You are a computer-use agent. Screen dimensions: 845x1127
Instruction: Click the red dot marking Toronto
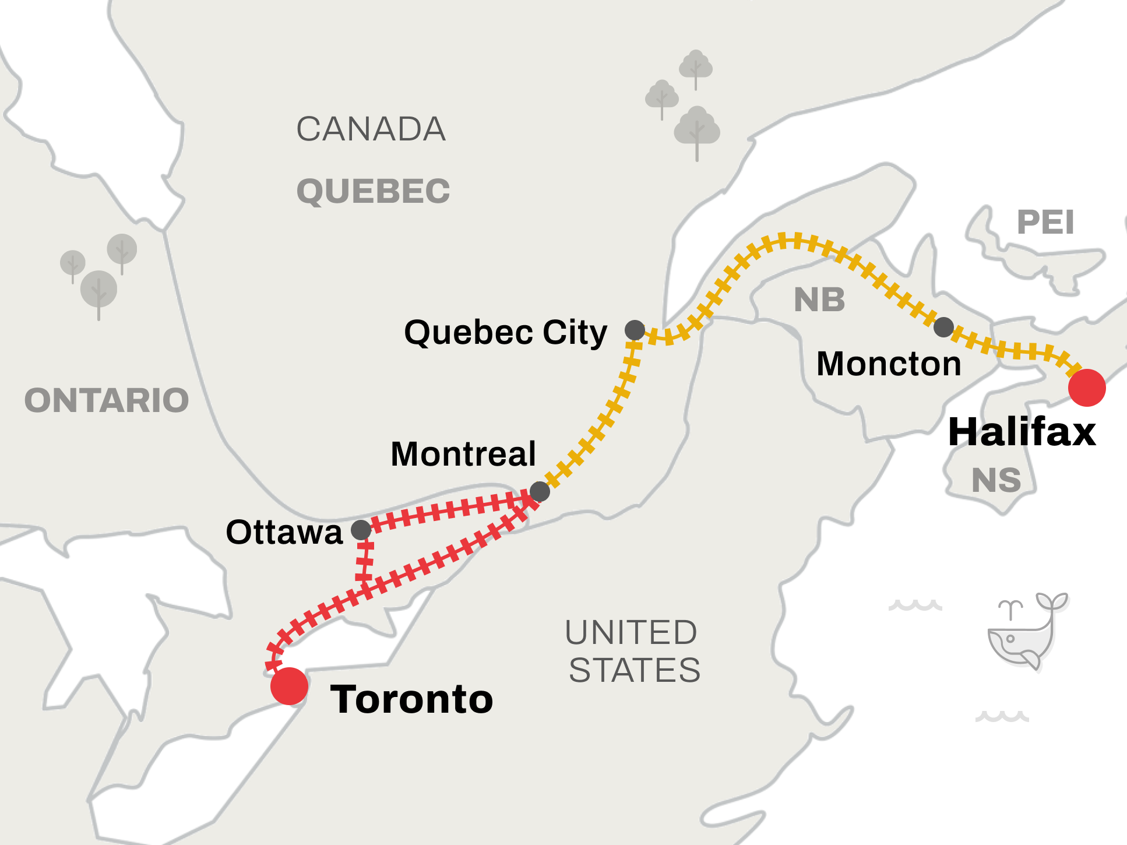click(x=289, y=686)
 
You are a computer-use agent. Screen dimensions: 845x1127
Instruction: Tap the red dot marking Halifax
click(x=1087, y=388)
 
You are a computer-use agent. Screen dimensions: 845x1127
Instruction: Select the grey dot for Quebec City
click(x=635, y=330)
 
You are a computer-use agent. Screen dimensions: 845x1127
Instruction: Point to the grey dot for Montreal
click(x=540, y=491)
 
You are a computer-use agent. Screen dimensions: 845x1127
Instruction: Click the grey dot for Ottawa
click(x=361, y=530)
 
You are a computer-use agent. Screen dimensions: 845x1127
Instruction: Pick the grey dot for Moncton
click(x=943, y=327)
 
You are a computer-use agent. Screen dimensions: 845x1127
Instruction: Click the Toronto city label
click(x=411, y=699)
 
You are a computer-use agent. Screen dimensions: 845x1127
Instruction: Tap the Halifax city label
click(x=1022, y=432)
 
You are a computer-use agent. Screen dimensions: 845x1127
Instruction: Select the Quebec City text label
click(x=505, y=333)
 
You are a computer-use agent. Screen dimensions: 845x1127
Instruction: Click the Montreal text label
click(x=463, y=454)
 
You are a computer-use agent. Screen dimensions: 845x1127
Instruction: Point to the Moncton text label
click(x=889, y=364)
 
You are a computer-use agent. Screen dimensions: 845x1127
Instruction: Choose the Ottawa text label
click(x=284, y=532)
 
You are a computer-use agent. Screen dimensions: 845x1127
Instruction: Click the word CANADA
click(x=371, y=129)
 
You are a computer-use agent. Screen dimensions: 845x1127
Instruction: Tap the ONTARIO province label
click(x=107, y=400)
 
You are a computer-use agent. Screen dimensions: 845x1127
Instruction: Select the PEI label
click(x=1045, y=222)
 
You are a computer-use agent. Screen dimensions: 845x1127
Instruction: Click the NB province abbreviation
click(x=819, y=300)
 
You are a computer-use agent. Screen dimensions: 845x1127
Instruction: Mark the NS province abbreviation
click(x=996, y=480)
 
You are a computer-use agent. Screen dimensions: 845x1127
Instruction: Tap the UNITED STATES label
click(x=633, y=651)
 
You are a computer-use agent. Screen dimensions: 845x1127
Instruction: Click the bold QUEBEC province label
click(x=373, y=191)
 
